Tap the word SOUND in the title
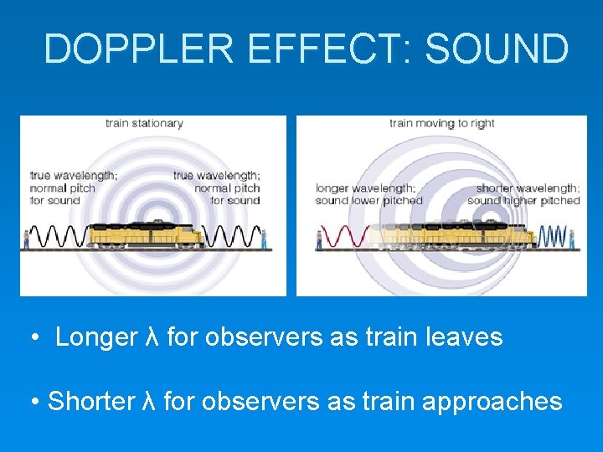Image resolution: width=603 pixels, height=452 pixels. coord(497,49)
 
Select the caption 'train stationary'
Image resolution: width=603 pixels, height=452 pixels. coord(144,123)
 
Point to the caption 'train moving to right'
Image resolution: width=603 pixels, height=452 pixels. coord(441,123)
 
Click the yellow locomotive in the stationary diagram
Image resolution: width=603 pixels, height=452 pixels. coord(146,234)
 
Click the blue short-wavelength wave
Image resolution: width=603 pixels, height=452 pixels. coord(553,236)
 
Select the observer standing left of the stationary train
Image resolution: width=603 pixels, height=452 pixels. coord(25,238)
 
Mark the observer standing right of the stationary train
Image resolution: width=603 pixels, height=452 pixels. coord(265,238)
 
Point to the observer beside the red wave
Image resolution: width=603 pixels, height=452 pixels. coord(318,239)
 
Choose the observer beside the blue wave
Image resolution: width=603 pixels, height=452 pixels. coord(572,238)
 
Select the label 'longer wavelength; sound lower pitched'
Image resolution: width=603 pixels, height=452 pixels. coord(368,194)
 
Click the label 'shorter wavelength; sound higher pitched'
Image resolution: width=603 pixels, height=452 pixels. coord(523,194)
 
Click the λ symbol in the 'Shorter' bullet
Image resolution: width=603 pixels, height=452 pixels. coord(150,401)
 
